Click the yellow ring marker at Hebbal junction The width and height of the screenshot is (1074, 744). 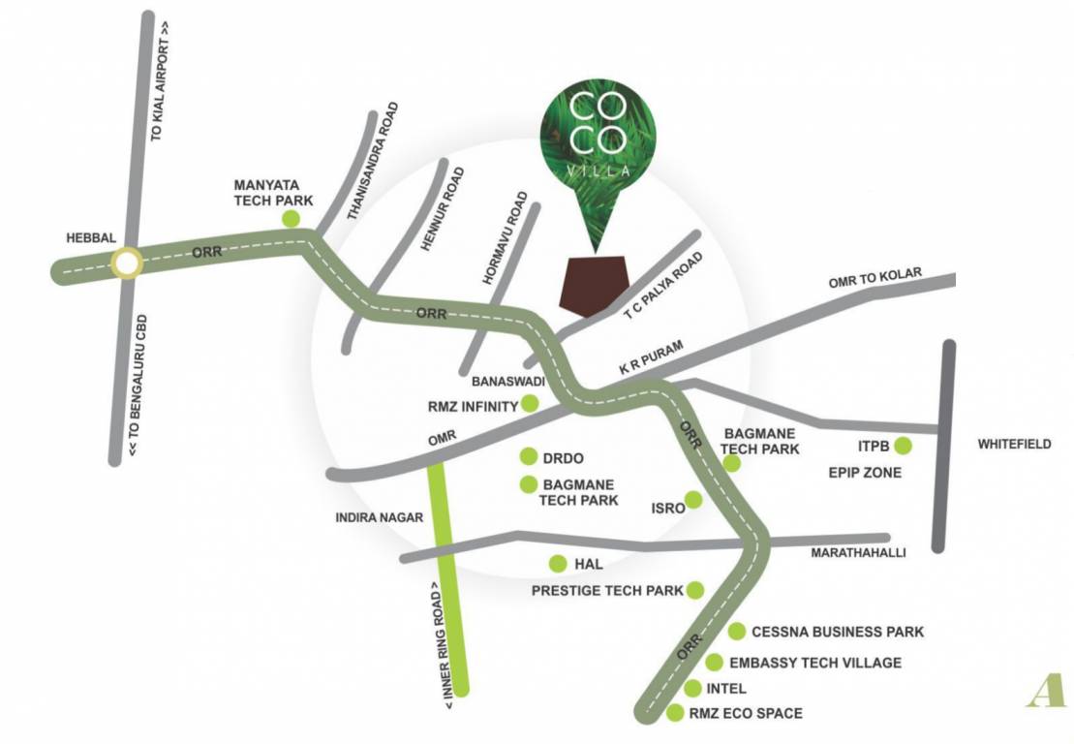(x=126, y=263)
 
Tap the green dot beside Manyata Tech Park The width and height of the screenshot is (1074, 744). (x=290, y=219)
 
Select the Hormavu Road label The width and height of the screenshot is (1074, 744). (x=506, y=237)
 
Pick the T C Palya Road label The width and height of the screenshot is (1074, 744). (x=664, y=287)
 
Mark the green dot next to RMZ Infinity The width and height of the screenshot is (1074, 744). (x=530, y=404)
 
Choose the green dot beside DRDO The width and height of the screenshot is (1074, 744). (x=529, y=456)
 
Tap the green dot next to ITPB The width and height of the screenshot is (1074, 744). (x=903, y=446)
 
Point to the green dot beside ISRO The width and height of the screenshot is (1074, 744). (x=693, y=501)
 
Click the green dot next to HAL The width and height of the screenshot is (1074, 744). (x=558, y=564)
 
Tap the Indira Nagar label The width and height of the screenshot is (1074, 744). (x=379, y=517)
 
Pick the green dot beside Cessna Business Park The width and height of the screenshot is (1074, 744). (x=737, y=632)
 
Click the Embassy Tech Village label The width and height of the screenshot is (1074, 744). (x=815, y=663)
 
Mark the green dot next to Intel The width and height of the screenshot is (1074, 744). (x=692, y=689)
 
